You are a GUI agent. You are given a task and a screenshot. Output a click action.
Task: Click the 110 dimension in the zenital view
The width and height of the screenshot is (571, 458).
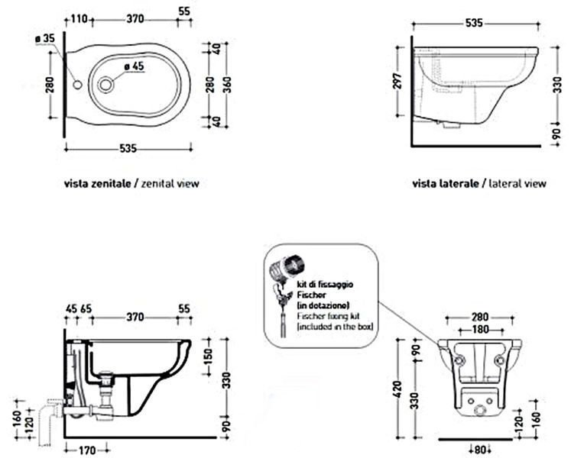click(x=78, y=18)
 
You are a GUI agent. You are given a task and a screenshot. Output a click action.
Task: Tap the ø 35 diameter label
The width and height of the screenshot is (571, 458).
click(x=45, y=39)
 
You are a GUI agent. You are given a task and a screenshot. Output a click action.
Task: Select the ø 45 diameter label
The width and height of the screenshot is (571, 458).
click(x=134, y=66)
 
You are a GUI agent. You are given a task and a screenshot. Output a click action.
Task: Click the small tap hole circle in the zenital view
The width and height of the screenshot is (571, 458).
click(x=77, y=85)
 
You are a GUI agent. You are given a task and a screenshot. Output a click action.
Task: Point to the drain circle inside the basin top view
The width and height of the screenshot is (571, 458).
click(x=105, y=85)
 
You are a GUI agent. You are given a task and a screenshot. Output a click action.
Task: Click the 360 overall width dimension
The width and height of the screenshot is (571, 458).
click(x=227, y=85)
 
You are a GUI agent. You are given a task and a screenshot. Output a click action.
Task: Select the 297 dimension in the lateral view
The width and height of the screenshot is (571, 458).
click(x=397, y=81)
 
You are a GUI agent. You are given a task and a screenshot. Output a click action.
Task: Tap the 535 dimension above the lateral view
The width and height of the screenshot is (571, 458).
click(x=474, y=23)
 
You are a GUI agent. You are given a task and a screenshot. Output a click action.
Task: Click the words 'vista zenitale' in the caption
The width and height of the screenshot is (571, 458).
click(x=97, y=183)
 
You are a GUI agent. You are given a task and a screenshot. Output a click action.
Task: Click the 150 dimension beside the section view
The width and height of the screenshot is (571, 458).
click(x=208, y=357)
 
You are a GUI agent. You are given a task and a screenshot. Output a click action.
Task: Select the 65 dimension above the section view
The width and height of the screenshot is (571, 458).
click(x=86, y=309)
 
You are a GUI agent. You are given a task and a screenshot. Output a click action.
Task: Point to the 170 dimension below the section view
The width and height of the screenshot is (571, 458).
click(x=86, y=450)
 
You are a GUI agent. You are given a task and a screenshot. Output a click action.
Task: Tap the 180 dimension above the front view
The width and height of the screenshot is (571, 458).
click(x=480, y=330)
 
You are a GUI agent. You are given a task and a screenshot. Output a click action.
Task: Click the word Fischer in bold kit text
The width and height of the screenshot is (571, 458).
click(x=311, y=295)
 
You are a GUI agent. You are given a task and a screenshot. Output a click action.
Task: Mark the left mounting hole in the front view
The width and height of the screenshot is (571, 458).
click(x=460, y=360)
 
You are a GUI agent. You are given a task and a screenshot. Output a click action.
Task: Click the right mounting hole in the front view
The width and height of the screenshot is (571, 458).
click(x=500, y=360)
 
